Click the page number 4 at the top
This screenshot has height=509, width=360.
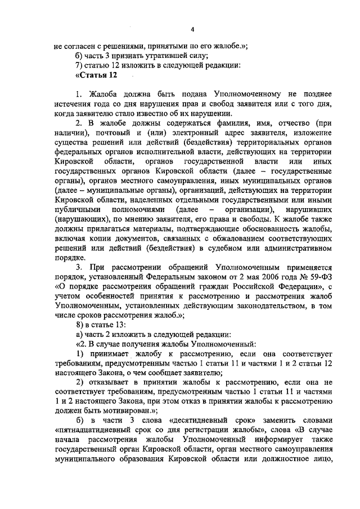pyautogui.click(x=192, y=30)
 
